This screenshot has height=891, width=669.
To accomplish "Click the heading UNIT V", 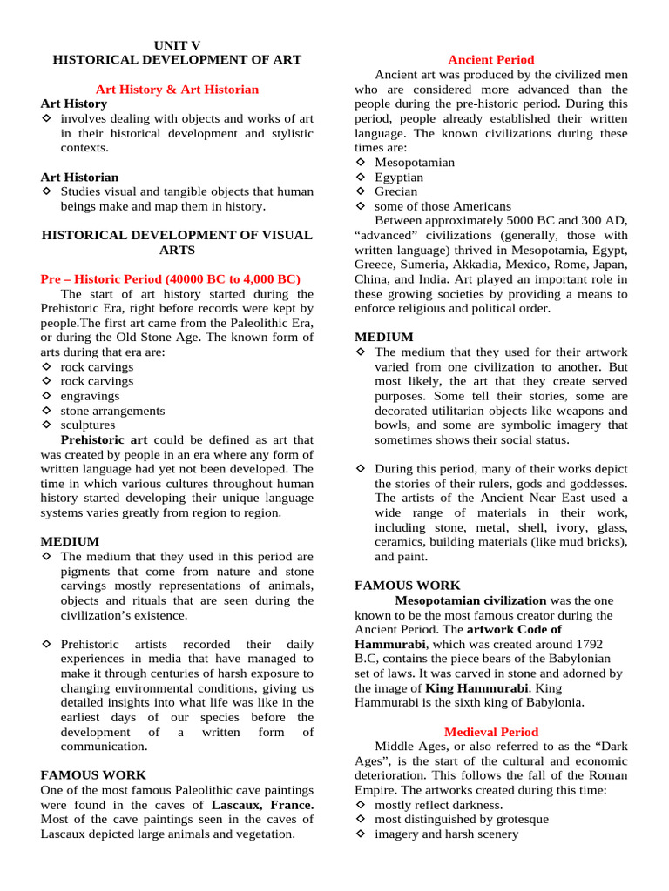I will tap(177, 44).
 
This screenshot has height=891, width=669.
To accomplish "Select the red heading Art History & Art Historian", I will tap(177, 89).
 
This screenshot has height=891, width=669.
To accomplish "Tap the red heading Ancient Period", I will tap(490, 59).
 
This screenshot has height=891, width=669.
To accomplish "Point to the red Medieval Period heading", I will tap(490, 732).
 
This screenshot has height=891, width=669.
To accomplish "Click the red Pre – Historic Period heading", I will tap(170, 278).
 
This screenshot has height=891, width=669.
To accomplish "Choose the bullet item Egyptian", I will tap(399, 177).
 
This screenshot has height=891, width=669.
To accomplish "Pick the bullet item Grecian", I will tap(395, 191).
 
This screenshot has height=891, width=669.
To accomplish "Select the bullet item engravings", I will tap(90, 396).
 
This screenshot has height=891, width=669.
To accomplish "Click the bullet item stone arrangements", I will tap(112, 411).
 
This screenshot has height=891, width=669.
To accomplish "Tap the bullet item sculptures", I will tap(87, 425).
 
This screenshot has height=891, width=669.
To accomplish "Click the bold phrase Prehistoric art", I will tap(104, 440).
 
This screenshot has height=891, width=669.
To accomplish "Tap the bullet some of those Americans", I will tap(443, 206).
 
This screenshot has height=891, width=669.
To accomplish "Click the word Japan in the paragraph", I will tap(608, 265).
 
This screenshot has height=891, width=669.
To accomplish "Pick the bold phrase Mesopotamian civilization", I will tap(470, 600).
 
